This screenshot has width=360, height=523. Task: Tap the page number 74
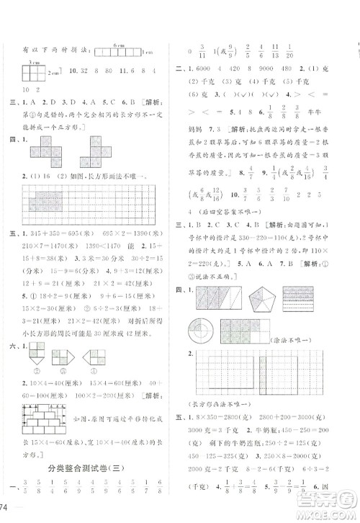click(6, 509)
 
